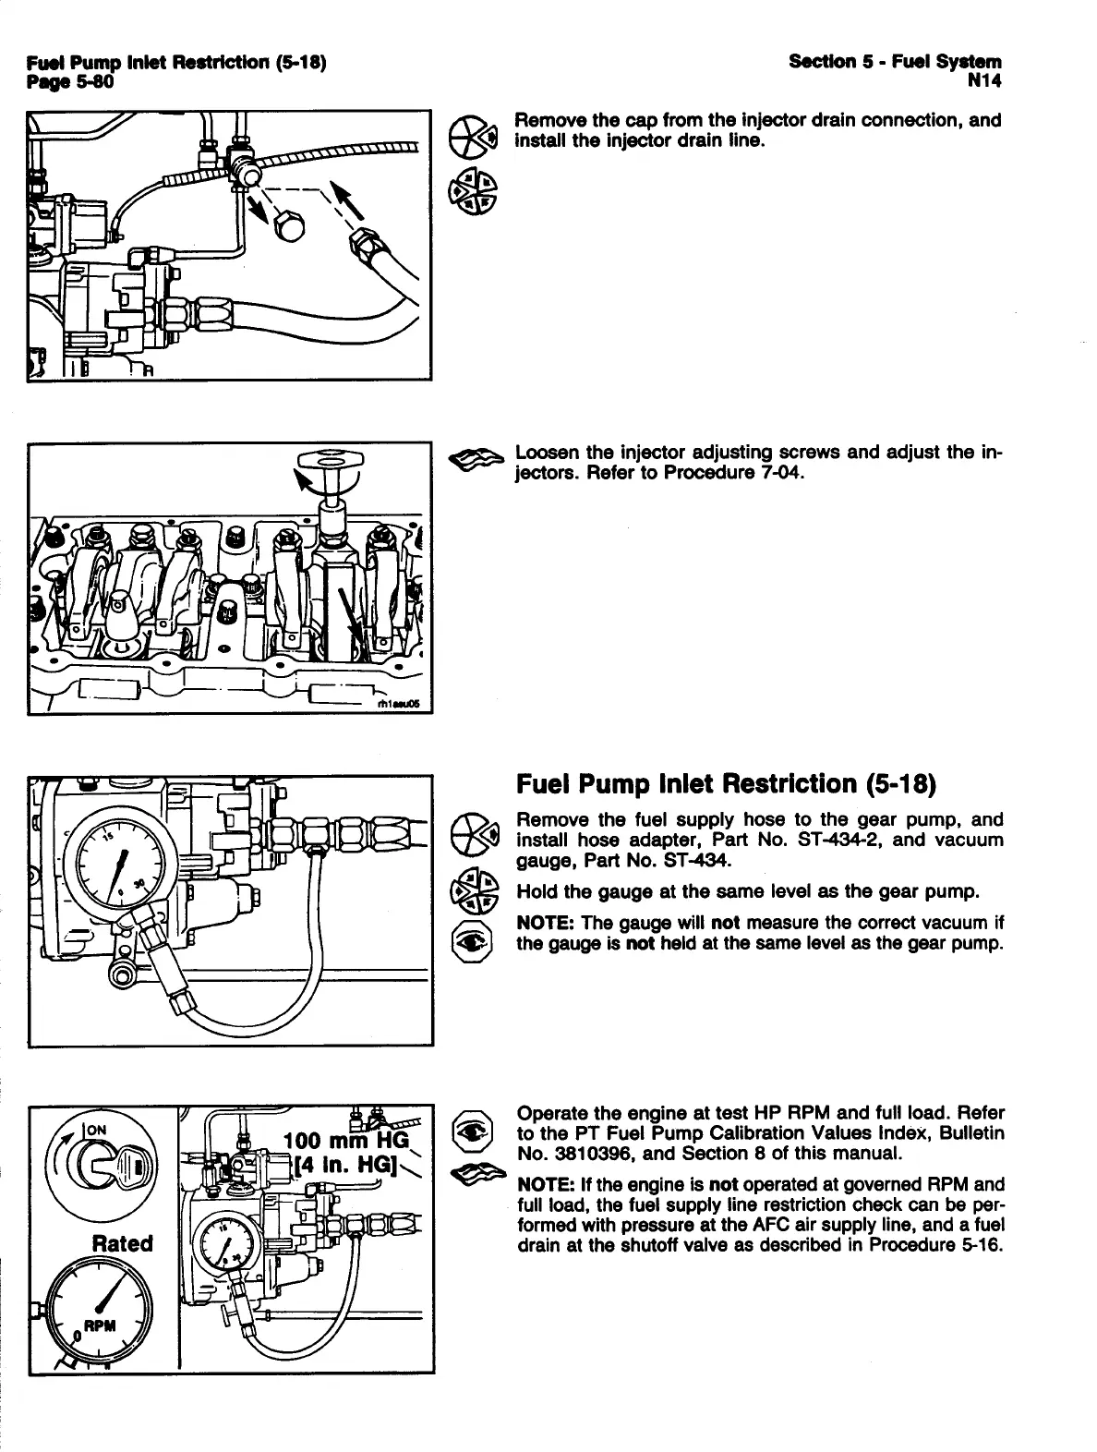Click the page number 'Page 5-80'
[70, 82]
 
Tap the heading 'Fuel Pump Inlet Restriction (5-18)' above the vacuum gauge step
[726, 784]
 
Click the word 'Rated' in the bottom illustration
[123, 1242]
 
